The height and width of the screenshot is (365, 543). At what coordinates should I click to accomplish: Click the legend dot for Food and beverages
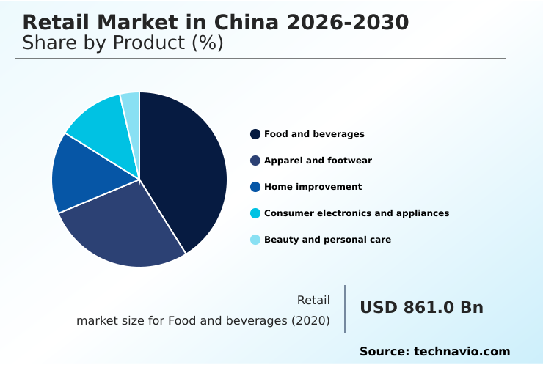(x=255, y=134)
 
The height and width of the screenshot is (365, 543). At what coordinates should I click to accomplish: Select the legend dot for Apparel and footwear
(x=255, y=161)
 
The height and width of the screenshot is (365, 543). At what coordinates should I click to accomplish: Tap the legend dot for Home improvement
(x=255, y=187)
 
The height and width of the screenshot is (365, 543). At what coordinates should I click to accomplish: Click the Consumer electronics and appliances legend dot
(x=255, y=213)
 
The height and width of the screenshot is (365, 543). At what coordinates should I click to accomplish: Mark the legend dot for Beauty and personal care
(x=255, y=240)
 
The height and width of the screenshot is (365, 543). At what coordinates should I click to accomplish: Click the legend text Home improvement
(x=313, y=187)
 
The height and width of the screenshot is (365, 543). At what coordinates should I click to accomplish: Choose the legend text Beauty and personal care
(x=327, y=240)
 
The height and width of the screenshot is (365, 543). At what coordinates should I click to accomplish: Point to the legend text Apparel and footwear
(x=318, y=161)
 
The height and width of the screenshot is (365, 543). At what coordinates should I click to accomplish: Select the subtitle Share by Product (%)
(x=123, y=43)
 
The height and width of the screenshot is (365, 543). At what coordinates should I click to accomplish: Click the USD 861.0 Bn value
(x=421, y=308)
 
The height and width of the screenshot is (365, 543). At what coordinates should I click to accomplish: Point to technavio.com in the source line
(x=462, y=352)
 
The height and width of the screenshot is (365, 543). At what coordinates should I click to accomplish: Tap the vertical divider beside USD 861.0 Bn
(x=345, y=309)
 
